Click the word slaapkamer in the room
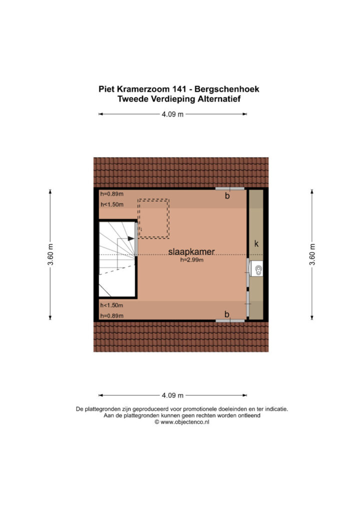pyautogui.click(x=191, y=252)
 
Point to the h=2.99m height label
pyautogui.click(x=191, y=260)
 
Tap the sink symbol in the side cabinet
pyautogui.click(x=258, y=269)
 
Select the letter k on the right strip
pyautogui.click(x=256, y=244)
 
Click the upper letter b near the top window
pyautogui.click(x=227, y=196)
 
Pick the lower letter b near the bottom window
pyautogui.click(x=227, y=314)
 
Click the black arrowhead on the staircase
pyautogui.click(x=131, y=239)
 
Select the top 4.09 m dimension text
pyautogui.click(x=172, y=114)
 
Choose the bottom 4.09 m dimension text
pyautogui.click(x=172, y=396)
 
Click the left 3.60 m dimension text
pyautogui.click(x=50, y=255)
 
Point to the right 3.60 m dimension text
pyautogui.click(x=312, y=255)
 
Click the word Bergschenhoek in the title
pyautogui.click(x=231, y=89)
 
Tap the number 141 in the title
pyautogui.click(x=179, y=89)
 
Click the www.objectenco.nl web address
pyautogui.click(x=185, y=422)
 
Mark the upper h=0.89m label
pyautogui.click(x=112, y=194)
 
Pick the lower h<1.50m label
pyautogui.click(x=111, y=305)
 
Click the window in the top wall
pyautogui.click(x=230, y=189)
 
